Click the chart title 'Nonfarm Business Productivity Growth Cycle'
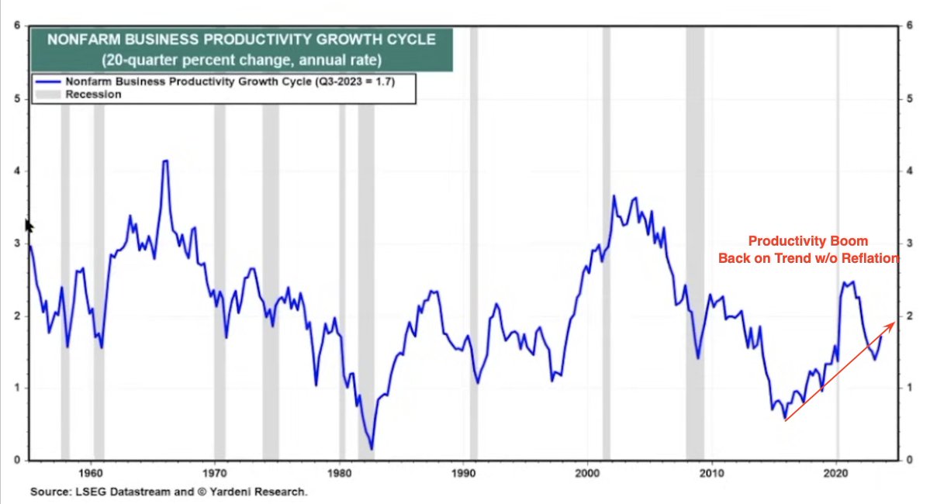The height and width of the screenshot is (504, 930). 241,40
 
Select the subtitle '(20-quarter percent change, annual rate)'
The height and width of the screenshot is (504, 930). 241,59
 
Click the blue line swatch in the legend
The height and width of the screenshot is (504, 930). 47,81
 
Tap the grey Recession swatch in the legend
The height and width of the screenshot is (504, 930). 47,94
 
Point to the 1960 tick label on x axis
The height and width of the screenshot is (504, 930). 92,472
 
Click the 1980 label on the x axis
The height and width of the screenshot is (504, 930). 340,472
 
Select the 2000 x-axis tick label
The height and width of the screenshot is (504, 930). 588,472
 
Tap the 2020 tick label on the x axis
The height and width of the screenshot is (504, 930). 836,472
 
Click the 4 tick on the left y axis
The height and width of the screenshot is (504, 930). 16,171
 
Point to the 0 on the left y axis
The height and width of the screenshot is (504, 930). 16,460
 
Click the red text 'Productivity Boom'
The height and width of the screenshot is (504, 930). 808,241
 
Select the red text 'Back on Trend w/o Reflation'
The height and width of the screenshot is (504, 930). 808,257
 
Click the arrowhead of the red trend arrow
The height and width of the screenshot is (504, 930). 892,323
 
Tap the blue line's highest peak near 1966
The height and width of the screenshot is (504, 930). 164,161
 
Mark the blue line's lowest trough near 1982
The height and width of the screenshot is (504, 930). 372,448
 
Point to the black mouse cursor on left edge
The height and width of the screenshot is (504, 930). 29,226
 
